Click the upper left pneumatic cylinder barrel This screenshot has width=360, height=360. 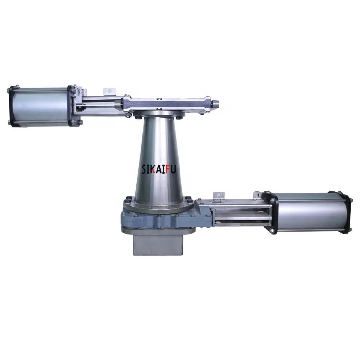click(x=40, y=107)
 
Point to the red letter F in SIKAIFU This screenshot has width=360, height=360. click(x=168, y=169)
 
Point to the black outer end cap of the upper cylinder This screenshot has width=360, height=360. click(x=11, y=107)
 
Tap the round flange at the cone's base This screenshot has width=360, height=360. click(x=158, y=204)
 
